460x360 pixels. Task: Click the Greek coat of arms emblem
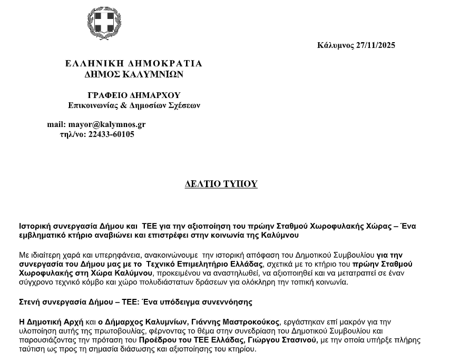pos(104,24)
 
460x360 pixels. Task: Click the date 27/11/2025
pos(375,45)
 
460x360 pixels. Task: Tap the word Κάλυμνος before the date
pos(335,45)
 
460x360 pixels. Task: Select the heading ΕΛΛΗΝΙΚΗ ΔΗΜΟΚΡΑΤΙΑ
pos(133,64)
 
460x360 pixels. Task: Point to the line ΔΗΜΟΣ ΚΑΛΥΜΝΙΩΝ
pos(133,75)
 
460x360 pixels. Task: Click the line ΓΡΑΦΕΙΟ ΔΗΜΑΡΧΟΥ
pos(134,95)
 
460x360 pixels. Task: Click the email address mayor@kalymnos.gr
pos(107,125)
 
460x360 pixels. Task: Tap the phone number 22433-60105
pos(112,134)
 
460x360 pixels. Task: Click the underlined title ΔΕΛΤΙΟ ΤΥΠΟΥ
pos(221,184)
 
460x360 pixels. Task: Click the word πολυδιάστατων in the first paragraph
pos(189,282)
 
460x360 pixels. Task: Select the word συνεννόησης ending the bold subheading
pos(230,302)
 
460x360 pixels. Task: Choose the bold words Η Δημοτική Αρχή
pos(51,322)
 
